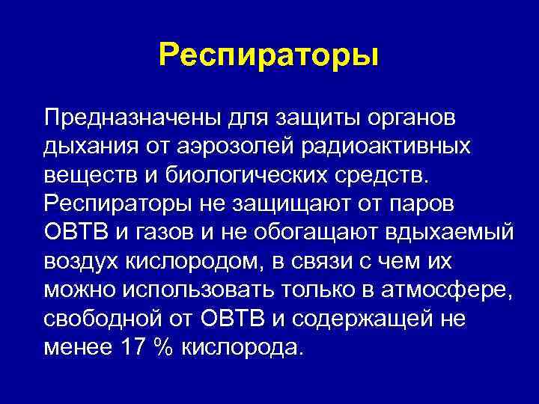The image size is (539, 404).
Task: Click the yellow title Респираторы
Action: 269,55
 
